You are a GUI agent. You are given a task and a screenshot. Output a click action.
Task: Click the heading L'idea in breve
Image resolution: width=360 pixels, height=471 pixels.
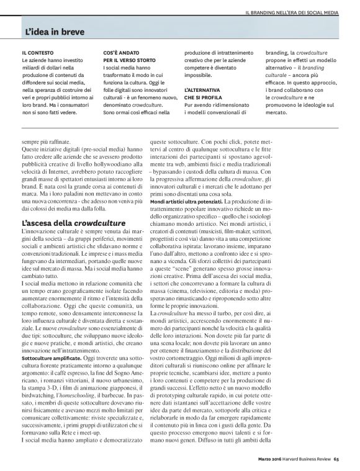(x=55, y=30)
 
